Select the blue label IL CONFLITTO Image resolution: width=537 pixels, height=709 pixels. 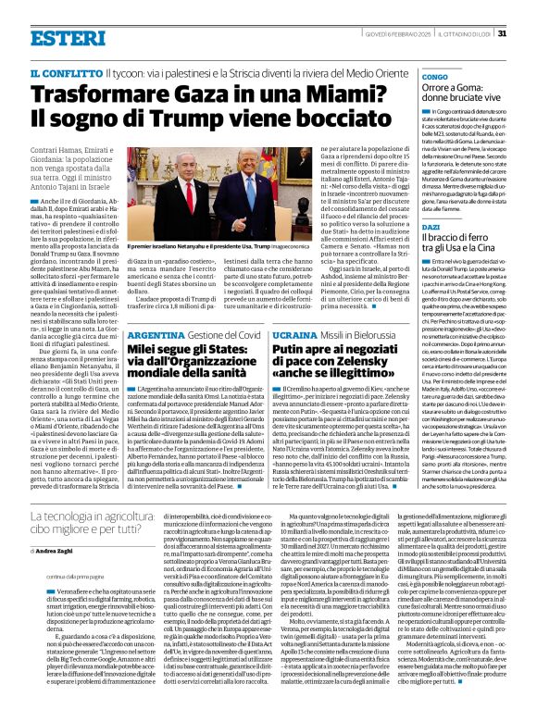66,72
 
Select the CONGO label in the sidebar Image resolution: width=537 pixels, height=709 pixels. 434,76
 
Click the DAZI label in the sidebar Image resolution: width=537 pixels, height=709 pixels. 431,226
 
